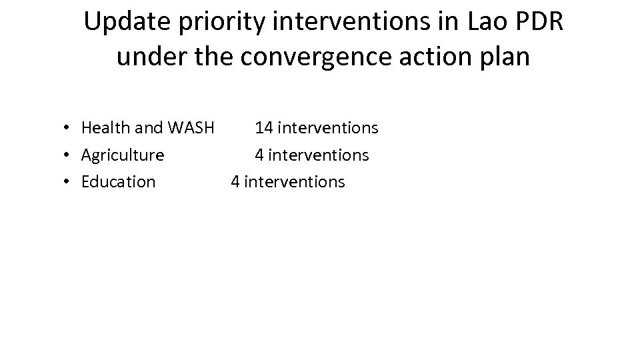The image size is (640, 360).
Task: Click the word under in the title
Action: [146, 57]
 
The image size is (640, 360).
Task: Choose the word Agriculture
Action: [123, 155]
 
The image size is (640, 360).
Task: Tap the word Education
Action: [118, 182]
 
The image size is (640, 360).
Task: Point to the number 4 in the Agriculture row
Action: [259, 155]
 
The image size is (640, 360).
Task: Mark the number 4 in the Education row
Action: [235, 182]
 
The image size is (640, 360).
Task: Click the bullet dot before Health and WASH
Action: [69, 128]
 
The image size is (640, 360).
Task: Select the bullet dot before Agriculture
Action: [69, 155]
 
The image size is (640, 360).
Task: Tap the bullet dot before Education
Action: [69, 182]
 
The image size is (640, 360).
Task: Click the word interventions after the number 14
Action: [327, 127]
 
